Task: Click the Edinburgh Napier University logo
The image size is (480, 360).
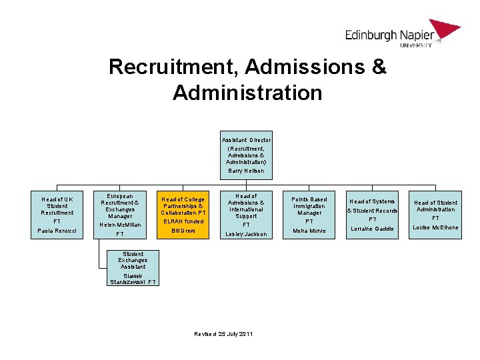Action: (x=402, y=33)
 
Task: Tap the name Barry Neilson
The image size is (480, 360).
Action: (x=246, y=171)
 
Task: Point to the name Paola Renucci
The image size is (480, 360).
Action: (x=57, y=230)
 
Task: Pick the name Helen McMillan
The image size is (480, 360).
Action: (x=120, y=225)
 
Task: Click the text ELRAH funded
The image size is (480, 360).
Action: (x=183, y=221)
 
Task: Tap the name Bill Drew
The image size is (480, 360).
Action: (x=183, y=231)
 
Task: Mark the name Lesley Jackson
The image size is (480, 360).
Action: (x=246, y=234)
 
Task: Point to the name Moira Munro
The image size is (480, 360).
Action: (x=309, y=231)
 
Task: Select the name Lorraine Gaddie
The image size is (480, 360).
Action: (x=373, y=229)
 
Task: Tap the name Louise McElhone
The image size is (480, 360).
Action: (x=436, y=227)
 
